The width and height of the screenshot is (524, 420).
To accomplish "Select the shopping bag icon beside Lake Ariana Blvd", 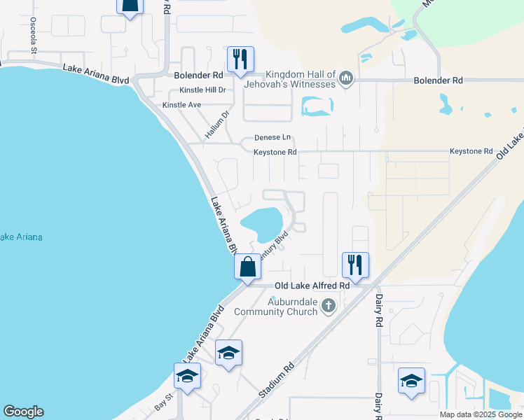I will [x=247, y=267].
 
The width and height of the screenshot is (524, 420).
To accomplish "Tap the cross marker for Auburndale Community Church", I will [x=328, y=305].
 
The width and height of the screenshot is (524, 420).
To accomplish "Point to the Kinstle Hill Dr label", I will [x=202, y=90].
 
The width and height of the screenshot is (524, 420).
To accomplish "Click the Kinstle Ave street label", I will [x=181, y=105].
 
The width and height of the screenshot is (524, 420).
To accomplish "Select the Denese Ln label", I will [x=272, y=138].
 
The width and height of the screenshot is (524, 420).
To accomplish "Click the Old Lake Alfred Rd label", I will [x=312, y=286].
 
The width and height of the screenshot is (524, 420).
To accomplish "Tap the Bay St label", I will [x=163, y=404].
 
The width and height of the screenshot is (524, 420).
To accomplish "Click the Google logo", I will [x=23, y=412].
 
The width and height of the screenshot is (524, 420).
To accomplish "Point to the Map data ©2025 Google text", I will [x=479, y=414].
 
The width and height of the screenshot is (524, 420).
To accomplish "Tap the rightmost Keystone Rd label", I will [x=471, y=151].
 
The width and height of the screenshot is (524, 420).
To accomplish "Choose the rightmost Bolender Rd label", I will [x=439, y=81].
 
